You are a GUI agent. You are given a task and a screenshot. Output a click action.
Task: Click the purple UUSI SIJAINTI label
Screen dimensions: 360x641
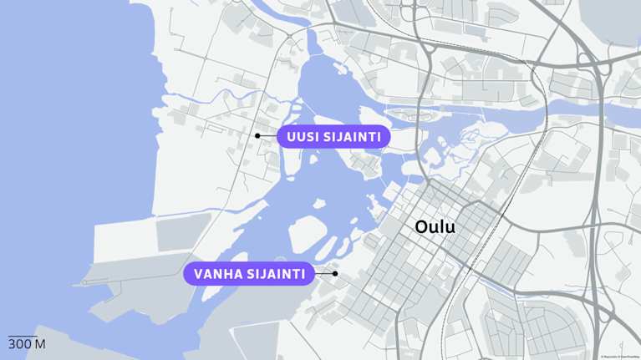333,136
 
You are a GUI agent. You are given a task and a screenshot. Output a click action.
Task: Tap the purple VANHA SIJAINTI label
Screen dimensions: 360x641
249,274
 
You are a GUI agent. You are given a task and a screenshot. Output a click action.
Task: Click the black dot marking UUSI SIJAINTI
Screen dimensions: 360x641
258,136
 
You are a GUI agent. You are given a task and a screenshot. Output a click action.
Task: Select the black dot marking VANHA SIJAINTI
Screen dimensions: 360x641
335,273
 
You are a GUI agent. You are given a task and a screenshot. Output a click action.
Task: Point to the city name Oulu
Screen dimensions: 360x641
435,226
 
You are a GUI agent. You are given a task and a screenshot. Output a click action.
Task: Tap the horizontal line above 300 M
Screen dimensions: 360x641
23,336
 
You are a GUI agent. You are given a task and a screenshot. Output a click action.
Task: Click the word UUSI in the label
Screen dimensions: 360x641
303,136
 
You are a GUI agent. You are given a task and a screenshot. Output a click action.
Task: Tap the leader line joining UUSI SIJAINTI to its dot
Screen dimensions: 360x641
268,136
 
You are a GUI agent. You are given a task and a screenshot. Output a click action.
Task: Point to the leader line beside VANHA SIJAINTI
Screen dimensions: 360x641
323,273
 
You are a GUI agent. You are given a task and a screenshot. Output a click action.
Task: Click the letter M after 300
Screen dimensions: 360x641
40,344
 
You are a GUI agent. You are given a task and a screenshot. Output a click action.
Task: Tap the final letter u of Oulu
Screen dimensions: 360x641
450,227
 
